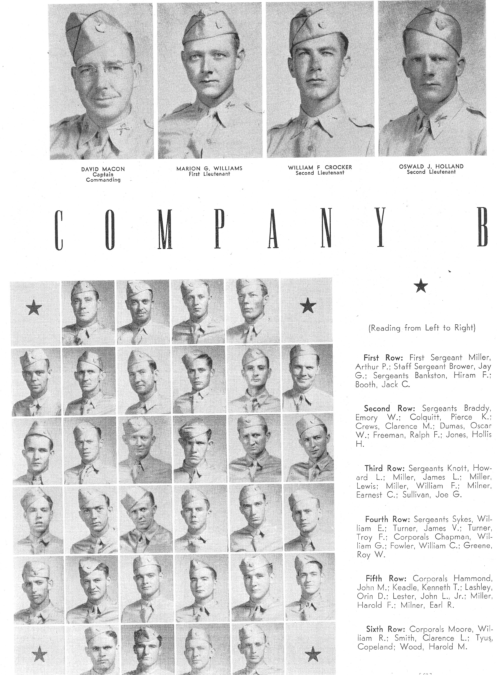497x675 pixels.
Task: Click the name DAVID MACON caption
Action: tap(103, 169)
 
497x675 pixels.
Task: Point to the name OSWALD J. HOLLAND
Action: tap(431, 166)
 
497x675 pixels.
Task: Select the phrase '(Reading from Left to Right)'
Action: tap(422, 328)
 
